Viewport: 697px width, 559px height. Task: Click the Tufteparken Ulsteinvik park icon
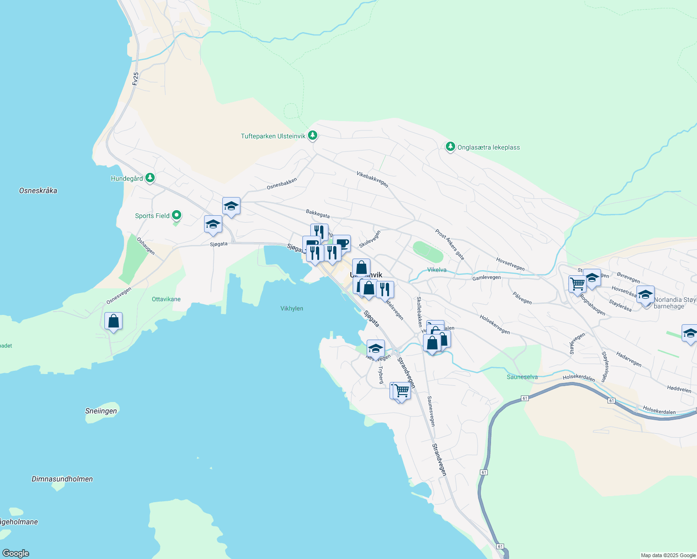coord(313,136)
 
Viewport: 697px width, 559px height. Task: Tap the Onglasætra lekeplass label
coord(488,147)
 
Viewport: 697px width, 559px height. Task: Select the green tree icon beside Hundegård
coord(150,177)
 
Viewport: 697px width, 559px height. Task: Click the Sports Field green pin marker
coord(176,215)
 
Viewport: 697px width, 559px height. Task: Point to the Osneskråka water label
coord(38,191)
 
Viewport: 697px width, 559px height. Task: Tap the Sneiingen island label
coord(101,411)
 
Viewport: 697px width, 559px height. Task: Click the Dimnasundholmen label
coord(62,479)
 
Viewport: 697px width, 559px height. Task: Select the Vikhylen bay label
coord(292,308)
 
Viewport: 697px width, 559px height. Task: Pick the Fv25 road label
coord(136,78)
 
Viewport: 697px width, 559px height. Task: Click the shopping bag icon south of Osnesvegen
coord(113,321)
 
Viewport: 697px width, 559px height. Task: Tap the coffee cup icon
coord(342,243)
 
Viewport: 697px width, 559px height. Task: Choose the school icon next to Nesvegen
coord(376,348)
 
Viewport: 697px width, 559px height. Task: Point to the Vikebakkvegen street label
coord(372,179)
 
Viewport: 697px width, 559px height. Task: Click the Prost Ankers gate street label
coord(450,244)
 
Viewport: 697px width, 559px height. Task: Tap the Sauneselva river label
coord(522,377)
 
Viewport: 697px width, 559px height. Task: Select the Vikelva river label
coord(437,270)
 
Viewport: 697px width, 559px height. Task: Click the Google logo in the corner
coord(16,553)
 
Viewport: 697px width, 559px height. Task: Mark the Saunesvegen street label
coord(431,411)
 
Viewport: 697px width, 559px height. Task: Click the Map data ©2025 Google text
coord(668,555)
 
